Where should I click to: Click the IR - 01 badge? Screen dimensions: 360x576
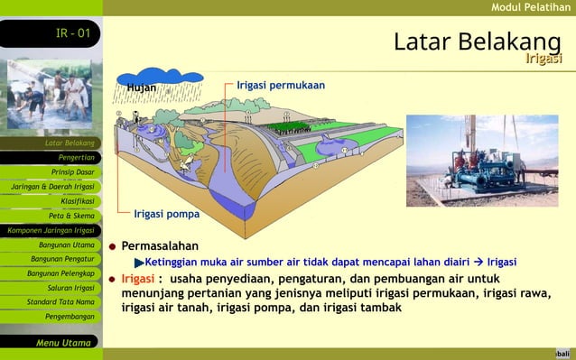[72, 33]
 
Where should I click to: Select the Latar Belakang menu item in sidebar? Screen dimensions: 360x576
[70, 143]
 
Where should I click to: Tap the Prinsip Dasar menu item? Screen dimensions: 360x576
[72, 171]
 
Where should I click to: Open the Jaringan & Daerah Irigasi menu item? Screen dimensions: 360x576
[52, 187]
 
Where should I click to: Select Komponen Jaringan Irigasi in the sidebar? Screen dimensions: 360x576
[51, 230]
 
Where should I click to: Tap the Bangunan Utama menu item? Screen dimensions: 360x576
[66, 245]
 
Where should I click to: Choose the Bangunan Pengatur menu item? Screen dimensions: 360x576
[62, 259]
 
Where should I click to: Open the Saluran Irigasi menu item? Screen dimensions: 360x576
[70, 288]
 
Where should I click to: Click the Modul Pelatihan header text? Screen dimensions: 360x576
[530, 7]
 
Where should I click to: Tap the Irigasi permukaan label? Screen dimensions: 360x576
[281, 85]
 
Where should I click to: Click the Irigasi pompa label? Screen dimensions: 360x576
[166, 215]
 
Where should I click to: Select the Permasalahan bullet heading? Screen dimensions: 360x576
[160, 245]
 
